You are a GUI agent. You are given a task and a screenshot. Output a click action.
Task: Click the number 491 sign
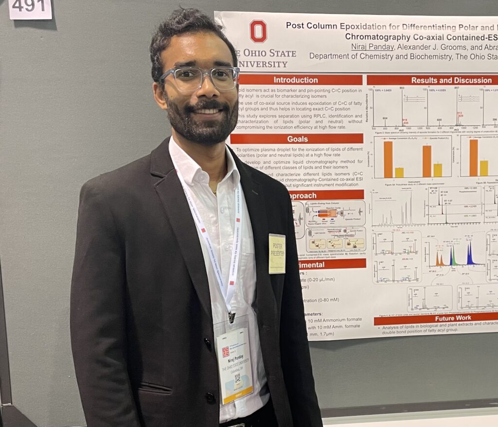[30, 7]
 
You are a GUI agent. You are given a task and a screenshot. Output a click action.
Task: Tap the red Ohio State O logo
[258, 31]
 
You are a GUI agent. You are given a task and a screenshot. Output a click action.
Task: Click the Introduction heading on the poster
[295, 80]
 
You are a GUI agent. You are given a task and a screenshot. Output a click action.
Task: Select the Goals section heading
[297, 139]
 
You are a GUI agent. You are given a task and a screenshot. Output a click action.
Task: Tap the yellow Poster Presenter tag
[277, 253]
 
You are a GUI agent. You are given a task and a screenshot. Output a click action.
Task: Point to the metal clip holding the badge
[232, 317]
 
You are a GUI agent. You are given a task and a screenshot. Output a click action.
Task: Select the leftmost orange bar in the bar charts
[388, 159]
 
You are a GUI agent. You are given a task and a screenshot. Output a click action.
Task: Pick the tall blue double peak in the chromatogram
[470, 254]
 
